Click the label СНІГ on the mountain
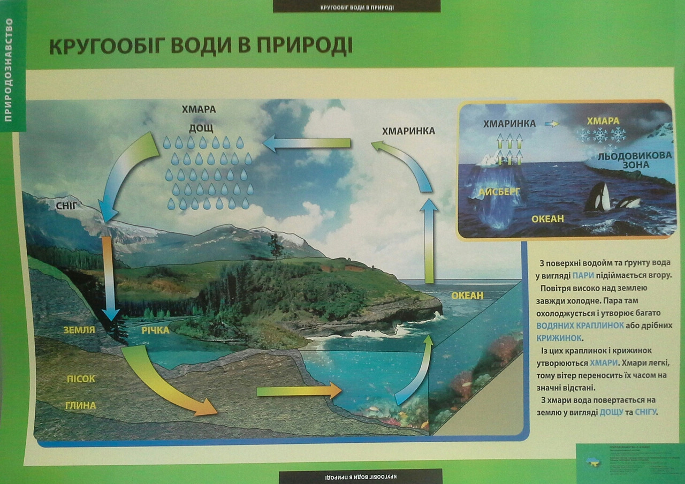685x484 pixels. (x=67, y=205)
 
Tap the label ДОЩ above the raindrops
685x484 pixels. (x=201, y=127)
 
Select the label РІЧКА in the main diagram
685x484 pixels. (x=155, y=330)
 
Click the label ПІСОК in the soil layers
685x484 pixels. (x=81, y=379)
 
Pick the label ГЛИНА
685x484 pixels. (x=81, y=406)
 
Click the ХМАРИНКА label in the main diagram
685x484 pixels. (x=408, y=131)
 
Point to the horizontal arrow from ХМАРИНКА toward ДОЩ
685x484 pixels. (x=307, y=143)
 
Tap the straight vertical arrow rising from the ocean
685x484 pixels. (x=429, y=241)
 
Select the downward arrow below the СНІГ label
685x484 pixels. (x=109, y=278)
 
